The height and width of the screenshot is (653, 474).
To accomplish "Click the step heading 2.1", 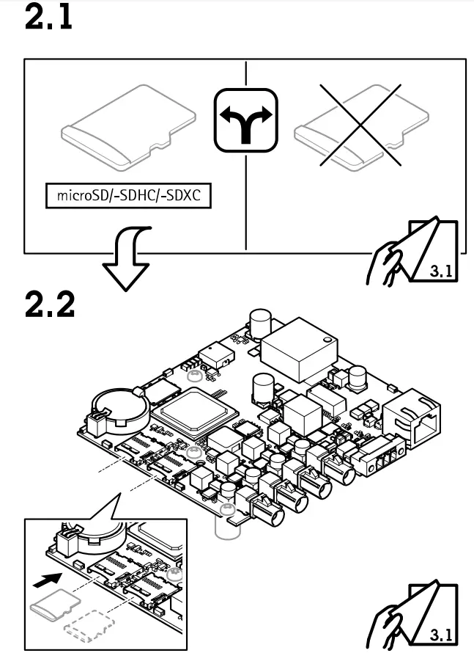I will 49,18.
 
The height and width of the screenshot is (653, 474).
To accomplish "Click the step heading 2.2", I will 51,304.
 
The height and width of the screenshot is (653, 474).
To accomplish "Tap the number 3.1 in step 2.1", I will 440,269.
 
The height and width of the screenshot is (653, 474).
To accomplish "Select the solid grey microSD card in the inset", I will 54,602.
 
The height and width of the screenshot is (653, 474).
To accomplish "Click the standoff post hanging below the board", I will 225,524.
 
